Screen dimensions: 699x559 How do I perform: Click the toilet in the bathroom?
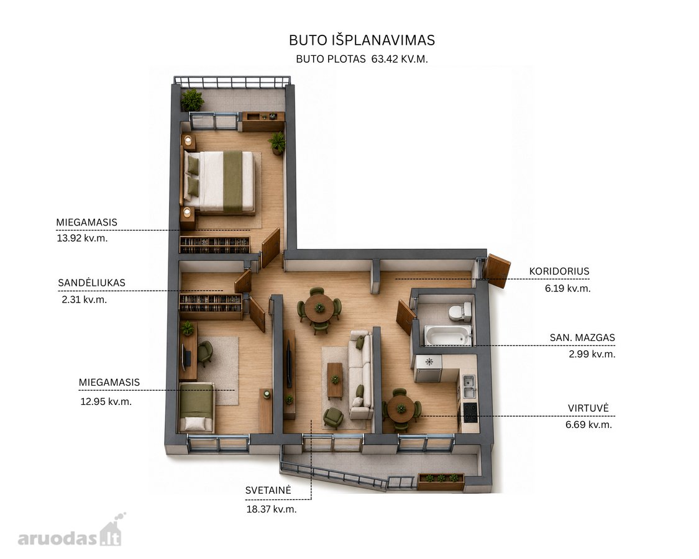[x=460, y=312]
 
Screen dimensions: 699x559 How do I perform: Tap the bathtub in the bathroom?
[x=447, y=335]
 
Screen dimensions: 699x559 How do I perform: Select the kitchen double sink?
[x=469, y=386]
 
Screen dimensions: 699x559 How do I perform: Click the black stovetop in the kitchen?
[x=470, y=413]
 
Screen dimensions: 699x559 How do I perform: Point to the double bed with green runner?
[x=219, y=181]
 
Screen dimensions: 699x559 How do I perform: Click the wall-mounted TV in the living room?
[x=290, y=363]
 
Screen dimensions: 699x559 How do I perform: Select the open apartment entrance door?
[x=496, y=270]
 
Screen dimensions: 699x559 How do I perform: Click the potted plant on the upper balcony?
[x=192, y=100]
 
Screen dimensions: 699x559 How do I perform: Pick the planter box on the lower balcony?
[x=441, y=481]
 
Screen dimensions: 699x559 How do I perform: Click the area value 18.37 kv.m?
[x=272, y=509]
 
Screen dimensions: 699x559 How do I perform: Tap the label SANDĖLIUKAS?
[x=91, y=283]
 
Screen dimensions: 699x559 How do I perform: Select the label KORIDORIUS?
[x=559, y=271]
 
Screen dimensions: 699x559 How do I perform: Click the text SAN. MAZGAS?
[x=582, y=337]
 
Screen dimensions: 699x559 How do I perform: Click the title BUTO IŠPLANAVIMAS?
[x=362, y=40]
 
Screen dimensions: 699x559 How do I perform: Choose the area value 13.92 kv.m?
[x=82, y=238]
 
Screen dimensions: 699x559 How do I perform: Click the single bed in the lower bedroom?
[x=196, y=407]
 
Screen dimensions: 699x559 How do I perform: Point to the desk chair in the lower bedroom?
[x=204, y=353]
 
